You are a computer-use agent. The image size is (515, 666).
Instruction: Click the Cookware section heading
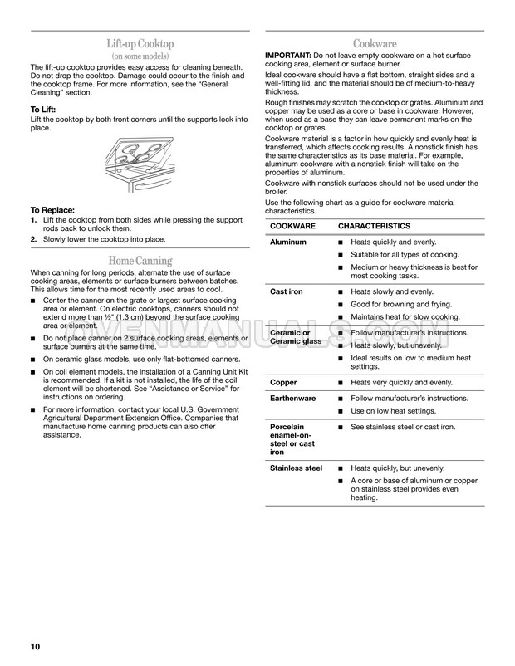pyautogui.click(x=374, y=43)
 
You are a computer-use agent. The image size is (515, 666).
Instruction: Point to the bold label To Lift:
pyautogui.click(x=47, y=110)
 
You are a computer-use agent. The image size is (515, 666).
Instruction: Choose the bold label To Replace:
pyautogui.click(x=53, y=210)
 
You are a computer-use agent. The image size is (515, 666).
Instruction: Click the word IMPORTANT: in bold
pyautogui.click(x=288, y=55)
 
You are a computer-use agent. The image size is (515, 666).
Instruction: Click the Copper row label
pyautogui.click(x=284, y=382)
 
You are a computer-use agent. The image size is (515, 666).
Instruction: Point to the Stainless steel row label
pyautogui.click(x=296, y=468)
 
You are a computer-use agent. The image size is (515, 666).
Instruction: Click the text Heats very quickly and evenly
pyautogui.click(x=402, y=382)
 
